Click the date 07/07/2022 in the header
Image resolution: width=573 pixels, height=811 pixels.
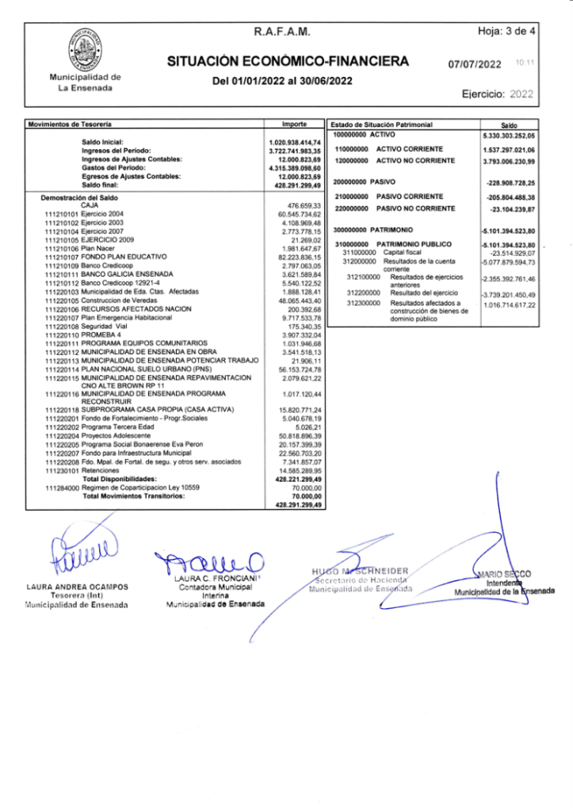point(475,63)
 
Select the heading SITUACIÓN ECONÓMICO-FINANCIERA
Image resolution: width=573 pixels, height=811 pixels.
point(288,62)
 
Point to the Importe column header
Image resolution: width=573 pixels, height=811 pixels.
point(294,124)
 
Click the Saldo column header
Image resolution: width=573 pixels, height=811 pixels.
point(510,125)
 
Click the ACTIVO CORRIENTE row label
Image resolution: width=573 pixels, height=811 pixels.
point(410,149)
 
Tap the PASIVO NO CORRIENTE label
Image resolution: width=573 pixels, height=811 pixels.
point(415,208)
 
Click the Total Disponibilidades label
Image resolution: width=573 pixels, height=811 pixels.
point(119,480)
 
